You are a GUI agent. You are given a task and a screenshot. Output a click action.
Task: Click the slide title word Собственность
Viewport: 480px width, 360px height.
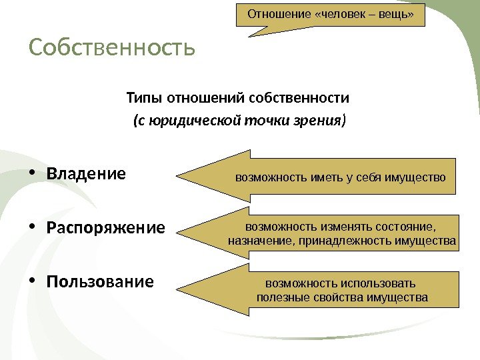click(x=111, y=48)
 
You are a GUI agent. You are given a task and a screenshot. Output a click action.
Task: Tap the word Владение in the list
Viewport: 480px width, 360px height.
click(x=86, y=174)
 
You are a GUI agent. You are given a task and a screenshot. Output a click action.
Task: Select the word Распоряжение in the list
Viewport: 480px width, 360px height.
click(x=105, y=228)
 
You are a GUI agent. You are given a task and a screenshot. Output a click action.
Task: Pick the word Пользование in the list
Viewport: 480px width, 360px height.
click(x=100, y=281)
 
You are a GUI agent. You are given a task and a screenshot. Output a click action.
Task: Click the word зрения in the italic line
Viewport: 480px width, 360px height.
click(x=321, y=121)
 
